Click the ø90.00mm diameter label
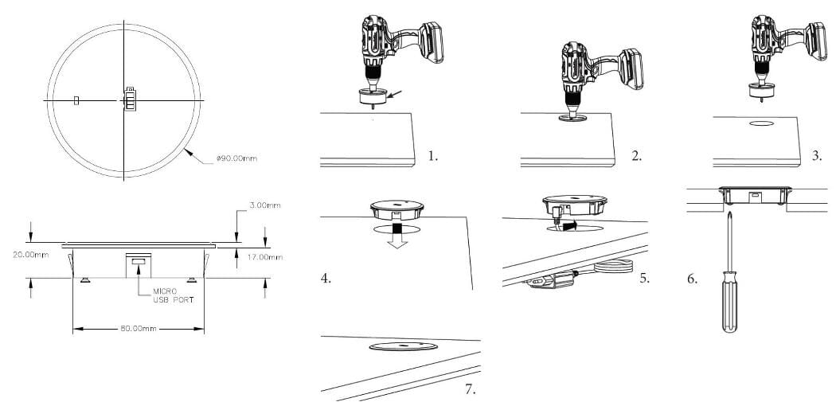point(236,158)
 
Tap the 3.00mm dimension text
point(264,205)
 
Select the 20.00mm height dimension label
point(30,255)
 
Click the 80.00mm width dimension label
point(138,329)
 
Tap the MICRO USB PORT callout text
point(174,295)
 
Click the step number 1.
point(432,156)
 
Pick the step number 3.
point(817,156)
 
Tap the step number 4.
point(326,278)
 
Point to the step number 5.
point(645,278)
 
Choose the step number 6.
point(692,279)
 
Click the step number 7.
point(470,389)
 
